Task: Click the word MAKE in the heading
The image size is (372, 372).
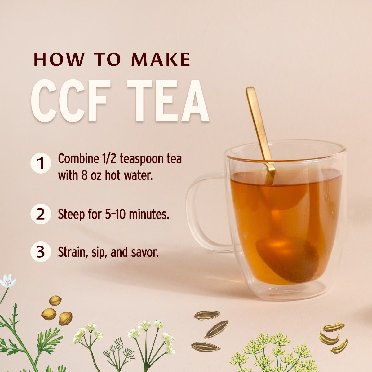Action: point(161,60)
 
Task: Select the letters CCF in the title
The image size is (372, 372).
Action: point(69,101)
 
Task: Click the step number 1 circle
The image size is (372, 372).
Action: point(40,163)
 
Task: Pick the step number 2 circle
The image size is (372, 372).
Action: point(40,214)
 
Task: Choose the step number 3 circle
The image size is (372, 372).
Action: point(40,252)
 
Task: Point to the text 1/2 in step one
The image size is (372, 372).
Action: point(109,159)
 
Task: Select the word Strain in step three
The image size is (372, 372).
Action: point(73,252)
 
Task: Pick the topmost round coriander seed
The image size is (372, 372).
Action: point(55,300)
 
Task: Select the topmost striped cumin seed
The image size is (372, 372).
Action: point(206,315)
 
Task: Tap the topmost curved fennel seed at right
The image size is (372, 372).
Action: point(334,327)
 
